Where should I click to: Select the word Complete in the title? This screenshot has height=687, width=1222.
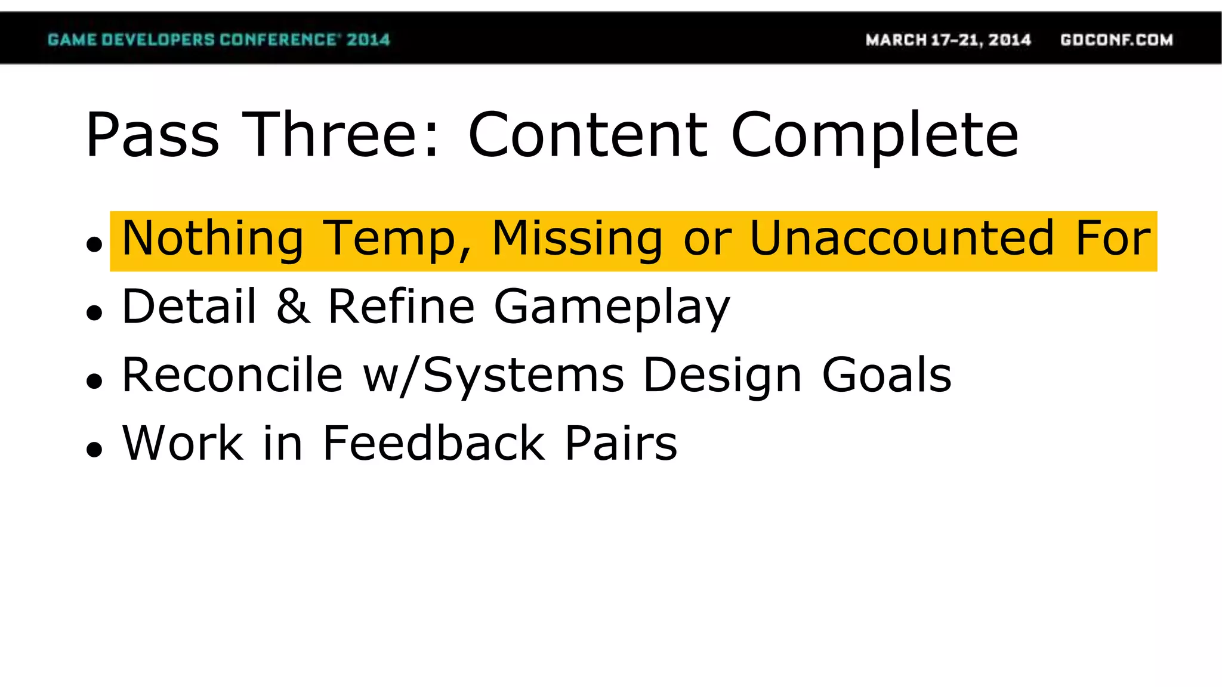click(875, 135)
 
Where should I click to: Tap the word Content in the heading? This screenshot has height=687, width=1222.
click(588, 135)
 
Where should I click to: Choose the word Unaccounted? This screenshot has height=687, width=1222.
click(902, 239)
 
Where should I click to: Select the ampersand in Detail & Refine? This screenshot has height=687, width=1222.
click(293, 307)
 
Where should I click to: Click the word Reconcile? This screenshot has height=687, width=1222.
click(233, 375)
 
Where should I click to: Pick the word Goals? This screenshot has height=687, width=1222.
click(887, 375)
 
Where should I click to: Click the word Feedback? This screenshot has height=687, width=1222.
click(434, 443)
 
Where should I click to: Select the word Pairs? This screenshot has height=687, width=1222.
click(621, 443)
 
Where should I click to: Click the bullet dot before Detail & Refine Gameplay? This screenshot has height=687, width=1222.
click(94, 312)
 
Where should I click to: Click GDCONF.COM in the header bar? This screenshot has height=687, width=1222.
click(1116, 40)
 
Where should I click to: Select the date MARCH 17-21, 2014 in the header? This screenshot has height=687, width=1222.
click(948, 40)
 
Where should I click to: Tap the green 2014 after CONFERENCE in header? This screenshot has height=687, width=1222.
click(368, 40)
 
